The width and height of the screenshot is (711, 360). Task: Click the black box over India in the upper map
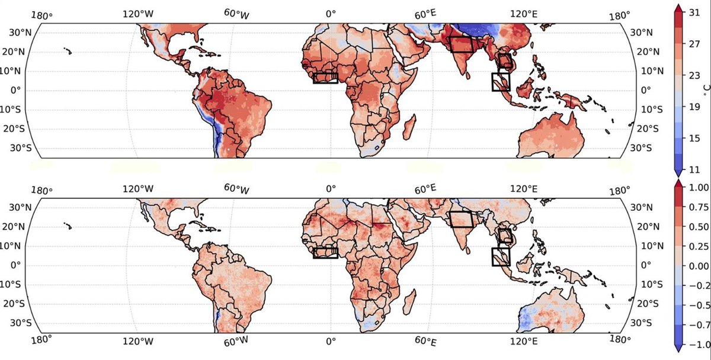point(461,44)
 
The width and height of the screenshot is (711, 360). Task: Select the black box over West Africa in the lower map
point(325,253)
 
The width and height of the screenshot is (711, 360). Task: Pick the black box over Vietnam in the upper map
point(504,62)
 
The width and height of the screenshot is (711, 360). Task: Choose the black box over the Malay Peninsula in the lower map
point(501,256)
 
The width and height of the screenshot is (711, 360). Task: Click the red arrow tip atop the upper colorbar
point(680,7)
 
